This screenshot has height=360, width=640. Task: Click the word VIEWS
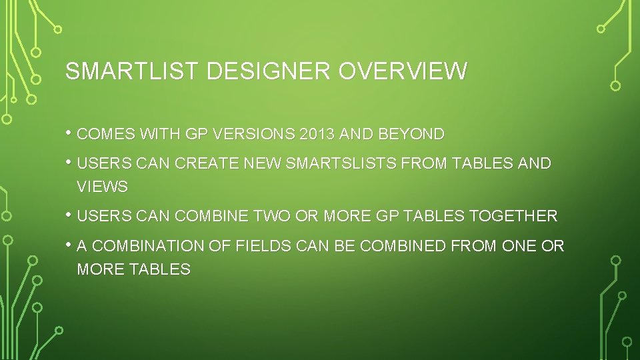(x=102, y=187)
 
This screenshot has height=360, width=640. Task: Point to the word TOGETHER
(x=513, y=216)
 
